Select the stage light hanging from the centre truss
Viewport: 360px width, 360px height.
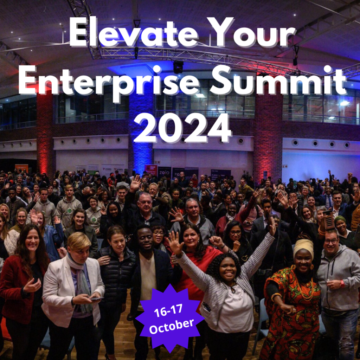click(178, 66)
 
